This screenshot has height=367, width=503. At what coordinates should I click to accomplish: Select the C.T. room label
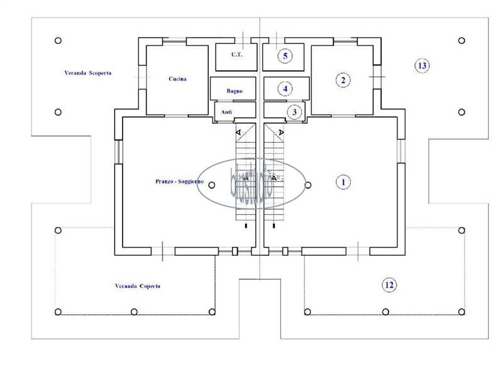pos(236,55)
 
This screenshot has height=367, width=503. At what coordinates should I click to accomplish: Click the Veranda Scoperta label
pos(88,73)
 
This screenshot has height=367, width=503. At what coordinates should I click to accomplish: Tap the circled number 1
pos(343,182)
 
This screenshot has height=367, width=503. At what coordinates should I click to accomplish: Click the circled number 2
pos(343,80)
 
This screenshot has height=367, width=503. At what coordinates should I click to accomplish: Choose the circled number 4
pos(285,89)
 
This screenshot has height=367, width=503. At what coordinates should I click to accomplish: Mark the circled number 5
pos(285,56)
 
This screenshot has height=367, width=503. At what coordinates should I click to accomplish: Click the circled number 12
pos(389,285)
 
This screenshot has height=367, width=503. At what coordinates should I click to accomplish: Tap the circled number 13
pos(422,65)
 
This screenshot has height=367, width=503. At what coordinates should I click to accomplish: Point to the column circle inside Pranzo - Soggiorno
pos(211,185)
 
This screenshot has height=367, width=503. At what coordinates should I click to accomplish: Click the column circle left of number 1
pos(308,185)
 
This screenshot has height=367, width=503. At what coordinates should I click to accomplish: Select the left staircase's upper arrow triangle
pos(239,133)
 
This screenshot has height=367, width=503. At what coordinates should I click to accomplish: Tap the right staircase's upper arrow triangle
pos(281,133)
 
